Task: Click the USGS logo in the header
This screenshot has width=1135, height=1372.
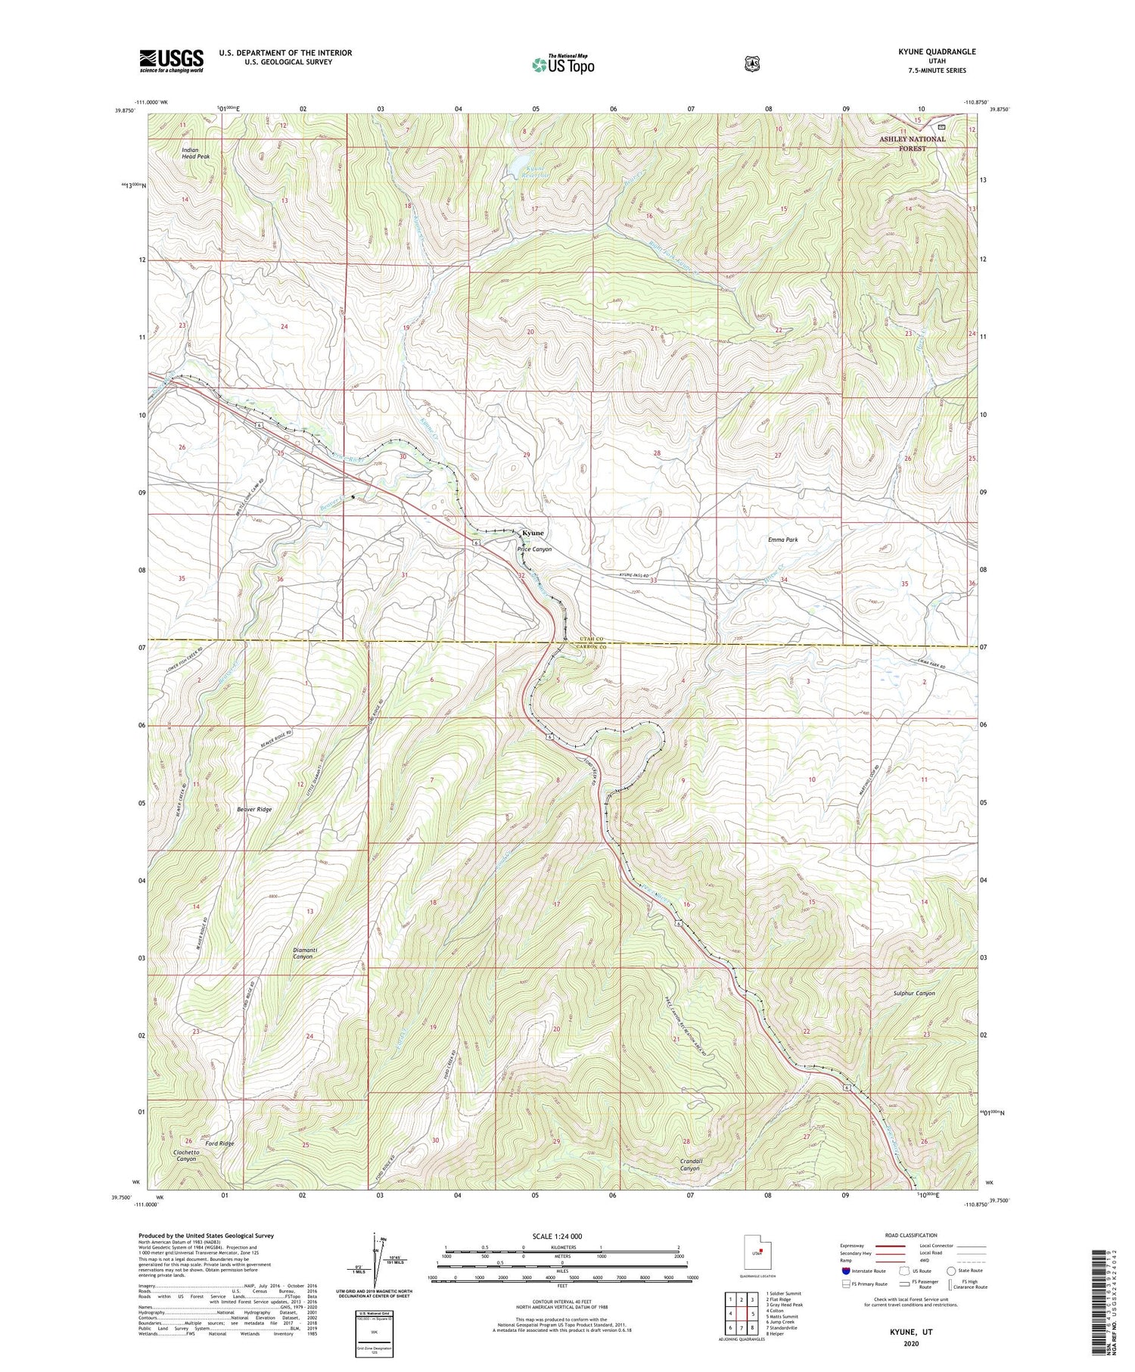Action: pyautogui.click(x=171, y=61)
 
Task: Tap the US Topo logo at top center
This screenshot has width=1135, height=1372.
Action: pyautogui.click(x=563, y=64)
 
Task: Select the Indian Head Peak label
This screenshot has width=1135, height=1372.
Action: pyautogui.click(x=195, y=153)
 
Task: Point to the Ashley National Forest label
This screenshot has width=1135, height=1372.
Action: pyautogui.click(x=912, y=144)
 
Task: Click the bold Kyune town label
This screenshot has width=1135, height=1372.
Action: pyautogui.click(x=533, y=533)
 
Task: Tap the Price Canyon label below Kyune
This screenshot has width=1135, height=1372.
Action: pyautogui.click(x=534, y=549)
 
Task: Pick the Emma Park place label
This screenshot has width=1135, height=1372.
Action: pyautogui.click(x=782, y=540)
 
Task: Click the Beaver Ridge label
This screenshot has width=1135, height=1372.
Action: pyautogui.click(x=253, y=809)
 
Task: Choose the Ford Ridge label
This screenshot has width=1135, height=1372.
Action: pyautogui.click(x=221, y=1143)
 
